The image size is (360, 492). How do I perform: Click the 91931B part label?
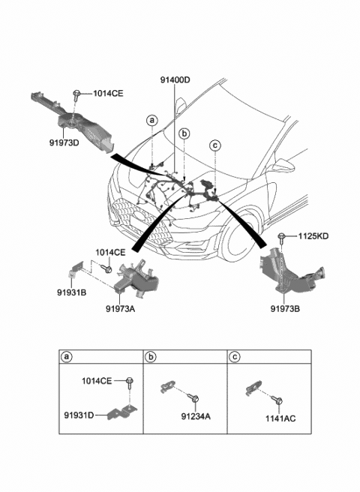click(x=73, y=292)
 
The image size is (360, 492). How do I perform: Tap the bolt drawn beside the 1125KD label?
click(x=282, y=238)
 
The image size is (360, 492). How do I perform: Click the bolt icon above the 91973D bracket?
click(x=77, y=94)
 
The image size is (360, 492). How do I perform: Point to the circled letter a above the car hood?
click(x=152, y=120)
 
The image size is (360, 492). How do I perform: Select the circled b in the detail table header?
click(x=152, y=356)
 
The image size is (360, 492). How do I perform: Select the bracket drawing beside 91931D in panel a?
click(x=124, y=412)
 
